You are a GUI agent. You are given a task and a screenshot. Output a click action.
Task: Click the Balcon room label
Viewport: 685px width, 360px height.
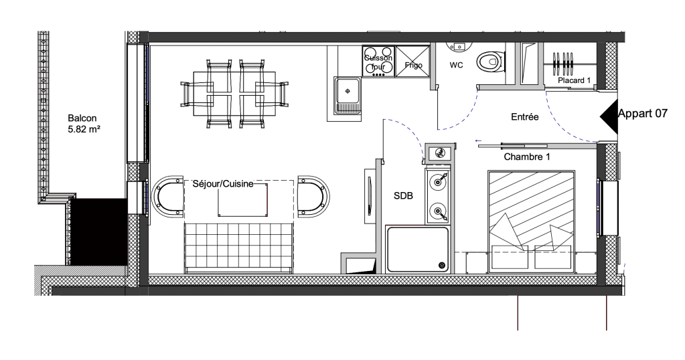pyautogui.click(x=82, y=118)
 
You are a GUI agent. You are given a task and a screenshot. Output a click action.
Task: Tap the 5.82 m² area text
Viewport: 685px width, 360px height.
pyautogui.click(x=84, y=129)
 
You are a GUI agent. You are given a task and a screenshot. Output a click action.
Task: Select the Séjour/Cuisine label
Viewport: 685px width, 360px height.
pyautogui.click(x=223, y=184)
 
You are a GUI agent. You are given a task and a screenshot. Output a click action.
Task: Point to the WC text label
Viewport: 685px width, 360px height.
pyautogui.click(x=456, y=66)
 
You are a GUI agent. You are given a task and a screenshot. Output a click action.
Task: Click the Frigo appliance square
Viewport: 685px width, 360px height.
pyautogui.click(x=412, y=62)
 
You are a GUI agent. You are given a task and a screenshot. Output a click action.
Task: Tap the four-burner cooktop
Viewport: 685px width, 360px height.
pyautogui.click(x=378, y=61)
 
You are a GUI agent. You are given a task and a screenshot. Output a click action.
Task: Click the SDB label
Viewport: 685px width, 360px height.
pyautogui.click(x=403, y=196)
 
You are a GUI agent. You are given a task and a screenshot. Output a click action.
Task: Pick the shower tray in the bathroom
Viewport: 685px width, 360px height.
pyautogui.click(x=417, y=249)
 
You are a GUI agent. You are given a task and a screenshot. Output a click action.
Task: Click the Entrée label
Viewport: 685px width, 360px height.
pyautogui.click(x=525, y=117)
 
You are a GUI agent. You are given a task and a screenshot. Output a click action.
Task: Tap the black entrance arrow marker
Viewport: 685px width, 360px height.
pyautogui.click(x=609, y=116)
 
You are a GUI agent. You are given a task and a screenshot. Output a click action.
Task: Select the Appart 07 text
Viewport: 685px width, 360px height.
pyautogui.click(x=643, y=114)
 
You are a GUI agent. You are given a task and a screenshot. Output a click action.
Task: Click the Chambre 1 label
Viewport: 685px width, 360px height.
pyautogui.click(x=527, y=157)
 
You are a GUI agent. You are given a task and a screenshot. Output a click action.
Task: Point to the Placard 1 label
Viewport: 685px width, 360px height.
pyautogui.click(x=574, y=80)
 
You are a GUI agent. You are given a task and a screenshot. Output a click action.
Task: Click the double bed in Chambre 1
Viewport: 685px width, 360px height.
pyautogui.click(x=531, y=221)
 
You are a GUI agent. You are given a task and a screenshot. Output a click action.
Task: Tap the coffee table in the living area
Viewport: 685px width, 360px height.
pyautogui.click(x=242, y=199)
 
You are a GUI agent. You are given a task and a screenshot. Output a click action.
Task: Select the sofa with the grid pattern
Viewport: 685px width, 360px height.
pyautogui.click(x=238, y=248)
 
